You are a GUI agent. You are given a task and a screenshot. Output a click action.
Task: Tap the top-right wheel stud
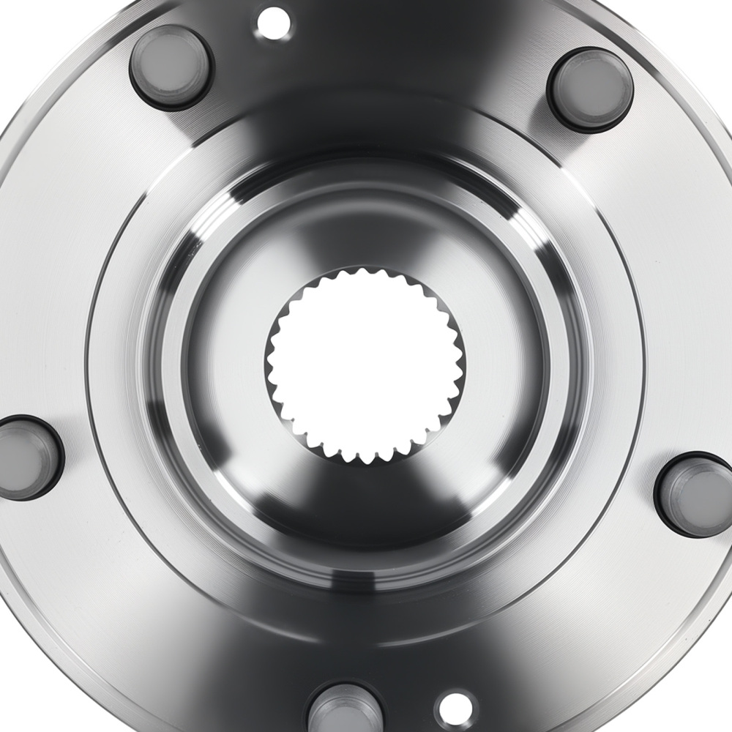click(x=590, y=89)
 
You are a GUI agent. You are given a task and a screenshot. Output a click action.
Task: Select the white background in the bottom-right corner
click(x=721, y=721)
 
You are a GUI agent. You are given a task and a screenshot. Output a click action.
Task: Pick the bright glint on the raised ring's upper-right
click(x=523, y=220)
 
